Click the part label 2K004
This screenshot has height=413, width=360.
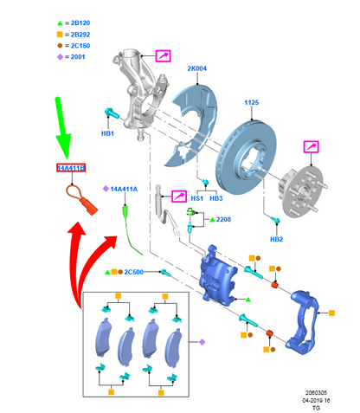pyautogui.click(x=197, y=68)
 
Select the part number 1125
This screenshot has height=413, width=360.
pyautogui.click(x=252, y=102)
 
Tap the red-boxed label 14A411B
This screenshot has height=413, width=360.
pyautogui.click(x=71, y=168)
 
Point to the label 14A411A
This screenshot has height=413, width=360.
pyautogui.click(x=124, y=189)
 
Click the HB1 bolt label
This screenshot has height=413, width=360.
pyautogui.click(x=107, y=133)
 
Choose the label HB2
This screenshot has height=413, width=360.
pyautogui.click(x=276, y=239)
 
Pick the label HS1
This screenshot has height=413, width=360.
pyautogui.click(x=197, y=198)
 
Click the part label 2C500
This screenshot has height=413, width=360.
pyautogui.click(x=133, y=272)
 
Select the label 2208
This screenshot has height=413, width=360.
pyautogui.click(x=223, y=220)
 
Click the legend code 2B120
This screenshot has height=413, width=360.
pyautogui.click(x=80, y=23)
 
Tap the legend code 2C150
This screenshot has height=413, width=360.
pyautogui.click(x=80, y=46)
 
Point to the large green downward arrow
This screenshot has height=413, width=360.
pyautogui.click(x=62, y=127)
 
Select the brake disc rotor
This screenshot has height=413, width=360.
pyautogui.click(x=246, y=158)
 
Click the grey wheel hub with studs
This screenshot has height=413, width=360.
pyautogui.click(x=302, y=191)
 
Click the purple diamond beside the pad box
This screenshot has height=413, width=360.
pyautogui.click(x=202, y=342)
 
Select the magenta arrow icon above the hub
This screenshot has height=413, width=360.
pyautogui.click(x=311, y=147)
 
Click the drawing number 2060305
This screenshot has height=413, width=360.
pyautogui.click(x=316, y=393)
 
